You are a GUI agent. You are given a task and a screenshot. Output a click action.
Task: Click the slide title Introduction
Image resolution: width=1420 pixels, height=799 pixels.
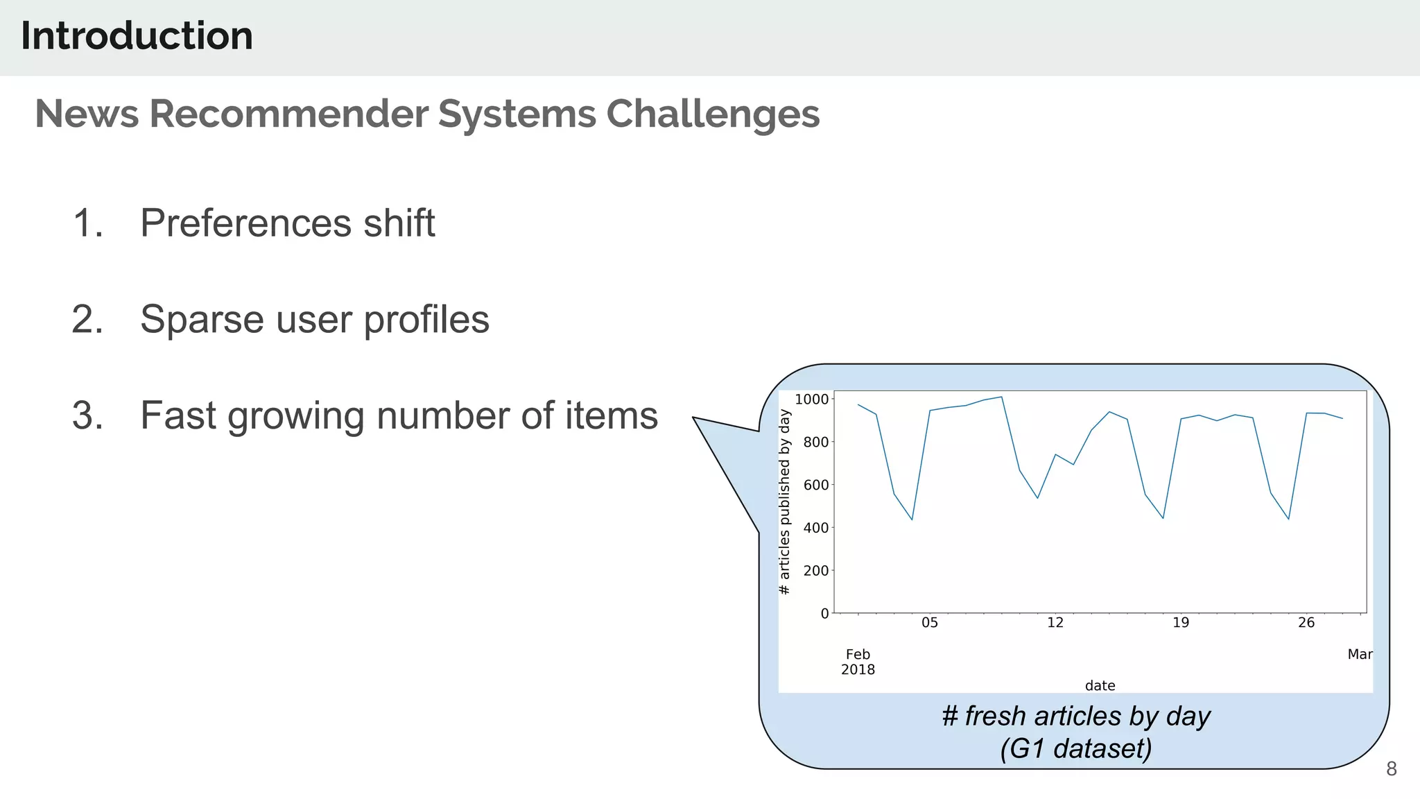click(x=137, y=36)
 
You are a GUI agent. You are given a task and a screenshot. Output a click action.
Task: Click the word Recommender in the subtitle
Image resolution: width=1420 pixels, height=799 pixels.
click(x=289, y=114)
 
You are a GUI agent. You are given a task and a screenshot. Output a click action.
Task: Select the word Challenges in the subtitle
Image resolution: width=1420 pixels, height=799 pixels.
click(x=713, y=114)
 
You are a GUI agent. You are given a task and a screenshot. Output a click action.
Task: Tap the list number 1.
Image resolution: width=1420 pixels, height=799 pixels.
click(x=87, y=223)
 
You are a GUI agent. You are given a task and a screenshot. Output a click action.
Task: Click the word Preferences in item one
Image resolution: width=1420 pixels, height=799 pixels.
click(x=246, y=223)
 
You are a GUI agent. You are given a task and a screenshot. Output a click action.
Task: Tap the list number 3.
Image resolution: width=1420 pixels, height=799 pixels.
click(x=87, y=415)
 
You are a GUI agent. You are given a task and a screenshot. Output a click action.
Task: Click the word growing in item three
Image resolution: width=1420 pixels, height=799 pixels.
click(x=295, y=416)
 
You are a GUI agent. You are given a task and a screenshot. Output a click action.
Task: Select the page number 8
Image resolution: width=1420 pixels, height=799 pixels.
click(x=1391, y=768)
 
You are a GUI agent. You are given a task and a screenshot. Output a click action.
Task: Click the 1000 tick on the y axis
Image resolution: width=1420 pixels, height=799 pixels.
click(x=811, y=399)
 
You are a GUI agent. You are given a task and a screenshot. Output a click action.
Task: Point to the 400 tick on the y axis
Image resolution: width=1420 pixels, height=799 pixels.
click(x=815, y=528)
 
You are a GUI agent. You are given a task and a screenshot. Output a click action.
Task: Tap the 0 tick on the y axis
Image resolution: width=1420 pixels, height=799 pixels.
click(x=824, y=614)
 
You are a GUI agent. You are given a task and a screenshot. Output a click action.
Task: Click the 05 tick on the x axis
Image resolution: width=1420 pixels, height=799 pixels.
click(x=929, y=623)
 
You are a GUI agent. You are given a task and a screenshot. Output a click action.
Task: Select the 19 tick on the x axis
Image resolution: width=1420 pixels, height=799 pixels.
click(x=1180, y=623)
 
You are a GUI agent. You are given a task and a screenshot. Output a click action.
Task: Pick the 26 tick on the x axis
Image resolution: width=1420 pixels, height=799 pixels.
click(x=1306, y=623)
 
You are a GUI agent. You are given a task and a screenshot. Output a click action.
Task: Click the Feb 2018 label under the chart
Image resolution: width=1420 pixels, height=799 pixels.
click(x=858, y=662)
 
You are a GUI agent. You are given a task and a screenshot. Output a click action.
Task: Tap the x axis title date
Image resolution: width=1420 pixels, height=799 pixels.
click(x=1100, y=686)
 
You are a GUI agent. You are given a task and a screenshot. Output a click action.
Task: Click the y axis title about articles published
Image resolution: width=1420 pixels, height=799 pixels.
click(x=785, y=502)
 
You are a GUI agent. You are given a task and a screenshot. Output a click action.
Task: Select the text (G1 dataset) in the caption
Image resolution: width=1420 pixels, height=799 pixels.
click(x=1075, y=749)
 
